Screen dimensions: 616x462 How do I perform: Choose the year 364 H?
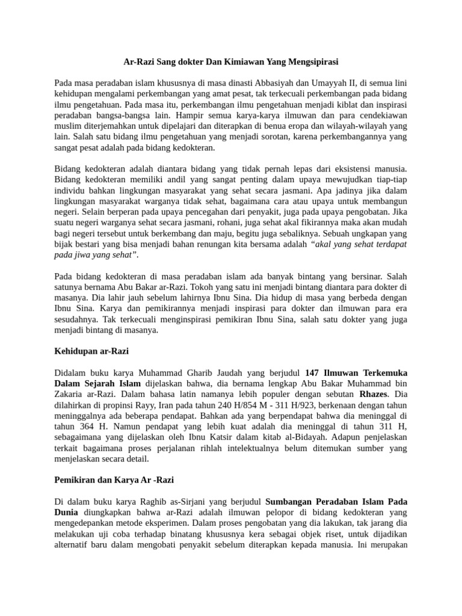[75, 427]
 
